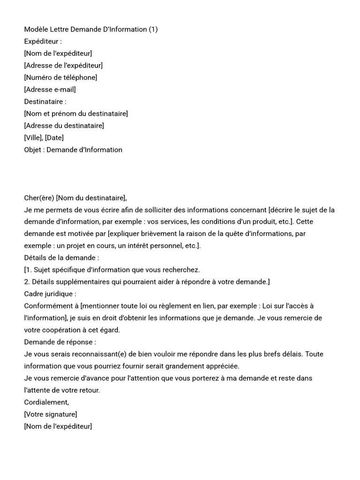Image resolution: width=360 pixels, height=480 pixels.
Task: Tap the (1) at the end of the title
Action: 153,30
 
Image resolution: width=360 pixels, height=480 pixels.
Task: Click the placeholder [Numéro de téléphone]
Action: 60,77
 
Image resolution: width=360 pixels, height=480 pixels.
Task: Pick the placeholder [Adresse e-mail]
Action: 50,90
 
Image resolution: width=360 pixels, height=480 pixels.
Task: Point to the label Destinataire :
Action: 45,101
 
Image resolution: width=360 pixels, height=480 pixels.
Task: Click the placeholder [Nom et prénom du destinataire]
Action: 76,113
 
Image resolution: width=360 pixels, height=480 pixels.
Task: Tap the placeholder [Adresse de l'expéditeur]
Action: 63,65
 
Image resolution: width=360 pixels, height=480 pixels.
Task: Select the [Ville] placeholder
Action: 33,138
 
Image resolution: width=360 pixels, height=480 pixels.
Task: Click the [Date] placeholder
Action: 54,138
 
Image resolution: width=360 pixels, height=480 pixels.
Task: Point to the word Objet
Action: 33,150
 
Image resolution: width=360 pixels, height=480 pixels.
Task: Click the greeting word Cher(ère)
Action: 39,198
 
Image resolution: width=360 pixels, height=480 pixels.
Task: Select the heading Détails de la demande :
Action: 61,258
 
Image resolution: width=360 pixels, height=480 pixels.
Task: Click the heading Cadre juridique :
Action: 50,294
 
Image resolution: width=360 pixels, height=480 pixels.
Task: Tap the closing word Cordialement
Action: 46,402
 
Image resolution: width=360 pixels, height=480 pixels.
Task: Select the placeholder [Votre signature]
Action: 51,414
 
